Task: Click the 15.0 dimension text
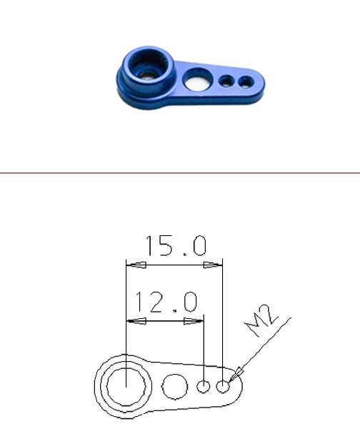point(176,245)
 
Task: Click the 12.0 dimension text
point(166,302)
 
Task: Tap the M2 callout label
point(261,320)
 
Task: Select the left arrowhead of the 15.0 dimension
point(136,265)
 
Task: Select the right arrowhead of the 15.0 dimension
point(213,265)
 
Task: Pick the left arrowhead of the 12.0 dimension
point(136,321)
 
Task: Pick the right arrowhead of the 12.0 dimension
point(194,321)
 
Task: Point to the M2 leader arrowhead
point(235,374)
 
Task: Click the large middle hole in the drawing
point(175,387)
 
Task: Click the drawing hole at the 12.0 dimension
point(204,387)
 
